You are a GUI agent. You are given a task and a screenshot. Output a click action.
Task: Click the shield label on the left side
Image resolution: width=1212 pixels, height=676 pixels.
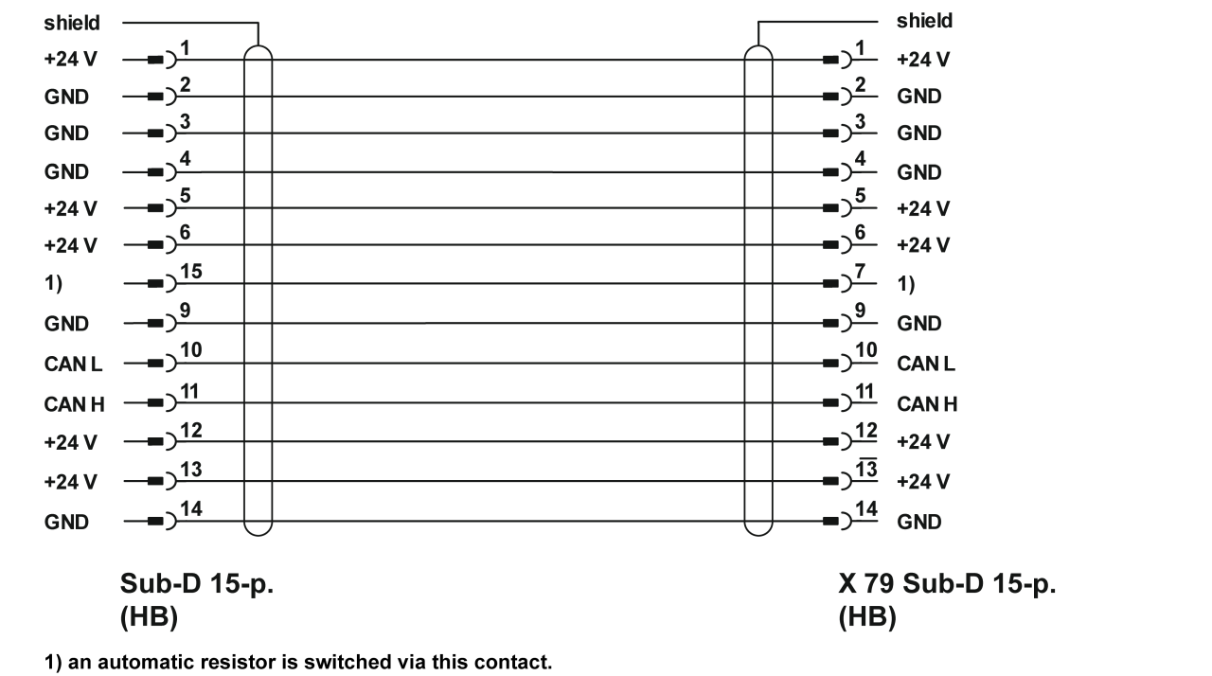tap(72, 23)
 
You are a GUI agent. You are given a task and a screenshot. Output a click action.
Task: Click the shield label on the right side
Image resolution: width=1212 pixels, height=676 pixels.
tap(924, 21)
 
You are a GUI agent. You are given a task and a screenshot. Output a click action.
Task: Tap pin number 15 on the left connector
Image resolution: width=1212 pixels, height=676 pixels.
tap(190, 273)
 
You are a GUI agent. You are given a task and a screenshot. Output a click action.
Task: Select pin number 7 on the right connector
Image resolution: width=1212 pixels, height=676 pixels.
tap(860, 273)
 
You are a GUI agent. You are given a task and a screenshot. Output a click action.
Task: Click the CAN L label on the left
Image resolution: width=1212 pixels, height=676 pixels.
tap(73, 364)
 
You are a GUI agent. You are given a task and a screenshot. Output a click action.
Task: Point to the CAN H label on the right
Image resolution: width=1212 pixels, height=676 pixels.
tap(927, 405)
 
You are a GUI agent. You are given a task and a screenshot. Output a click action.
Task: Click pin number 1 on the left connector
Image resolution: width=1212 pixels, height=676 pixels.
tap(186, 47)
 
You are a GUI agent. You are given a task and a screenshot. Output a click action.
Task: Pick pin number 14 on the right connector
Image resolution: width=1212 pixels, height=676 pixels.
tap(864, 510)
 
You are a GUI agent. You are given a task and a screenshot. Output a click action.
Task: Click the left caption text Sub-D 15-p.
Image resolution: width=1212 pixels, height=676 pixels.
tap(197, 584)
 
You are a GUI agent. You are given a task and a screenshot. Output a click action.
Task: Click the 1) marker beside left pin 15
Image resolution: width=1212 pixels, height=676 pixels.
tap(53, 283)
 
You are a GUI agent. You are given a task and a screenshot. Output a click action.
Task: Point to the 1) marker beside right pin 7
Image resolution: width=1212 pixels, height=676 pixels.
tap(906, 283)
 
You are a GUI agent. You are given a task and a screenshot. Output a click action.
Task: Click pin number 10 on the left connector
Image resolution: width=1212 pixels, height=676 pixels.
tap(190, 351)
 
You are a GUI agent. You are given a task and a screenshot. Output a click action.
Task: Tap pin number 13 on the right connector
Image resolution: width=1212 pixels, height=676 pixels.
tap(864, 470)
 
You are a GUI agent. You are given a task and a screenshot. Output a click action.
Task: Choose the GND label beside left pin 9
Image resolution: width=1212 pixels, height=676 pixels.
tap(66, 324)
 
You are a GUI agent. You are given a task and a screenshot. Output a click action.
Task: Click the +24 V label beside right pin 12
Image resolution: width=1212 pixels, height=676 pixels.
tap(923, 442)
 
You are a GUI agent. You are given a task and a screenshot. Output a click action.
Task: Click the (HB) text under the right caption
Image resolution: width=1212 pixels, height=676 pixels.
tap(867, 619)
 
